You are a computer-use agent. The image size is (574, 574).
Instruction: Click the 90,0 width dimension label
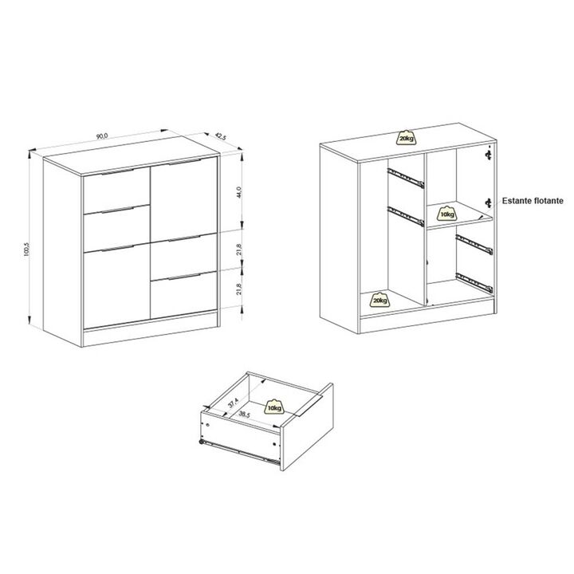coord(102,136)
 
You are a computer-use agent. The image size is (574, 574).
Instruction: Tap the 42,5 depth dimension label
coord(221,136)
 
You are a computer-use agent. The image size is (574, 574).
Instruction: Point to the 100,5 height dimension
coord(27,249)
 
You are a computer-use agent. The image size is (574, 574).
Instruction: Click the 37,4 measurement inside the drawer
coord(233,403)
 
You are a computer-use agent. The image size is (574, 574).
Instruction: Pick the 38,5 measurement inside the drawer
coord(244,414)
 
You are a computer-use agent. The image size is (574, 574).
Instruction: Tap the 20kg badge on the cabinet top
coord(407,139)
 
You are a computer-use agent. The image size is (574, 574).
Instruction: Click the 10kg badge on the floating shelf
coord(447,214)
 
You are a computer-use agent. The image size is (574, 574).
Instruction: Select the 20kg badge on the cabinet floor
coord(379,301)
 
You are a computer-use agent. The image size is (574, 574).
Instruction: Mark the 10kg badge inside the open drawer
coord(274,407)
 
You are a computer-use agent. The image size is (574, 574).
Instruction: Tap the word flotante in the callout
coord(548,201)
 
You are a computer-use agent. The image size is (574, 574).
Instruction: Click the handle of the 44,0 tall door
coord(185,161)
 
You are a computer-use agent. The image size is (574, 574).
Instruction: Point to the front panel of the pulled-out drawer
coord(306,427)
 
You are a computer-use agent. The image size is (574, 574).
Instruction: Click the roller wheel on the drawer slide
coord(202,442)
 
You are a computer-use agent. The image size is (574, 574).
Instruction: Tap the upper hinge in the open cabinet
coord(488,155)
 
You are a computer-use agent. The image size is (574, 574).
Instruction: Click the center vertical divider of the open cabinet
coord(426,229)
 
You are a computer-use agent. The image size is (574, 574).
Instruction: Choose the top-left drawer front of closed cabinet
coord(116,191)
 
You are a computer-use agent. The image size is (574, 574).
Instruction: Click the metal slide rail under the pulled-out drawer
coord(240,452)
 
